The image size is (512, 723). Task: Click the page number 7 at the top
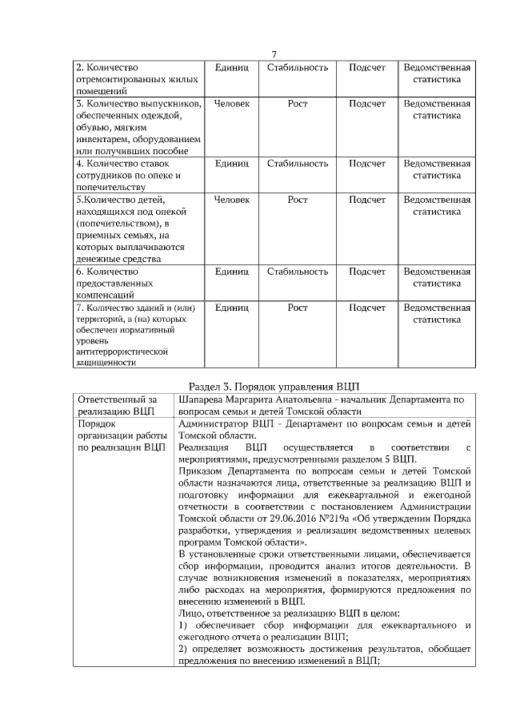pyautogui.click(x=274, y=54)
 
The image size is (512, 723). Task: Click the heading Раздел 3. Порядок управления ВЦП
pyautogui.click(x=274, y=384)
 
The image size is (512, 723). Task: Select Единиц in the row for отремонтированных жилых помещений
pyautogui.click(x=232, y=67)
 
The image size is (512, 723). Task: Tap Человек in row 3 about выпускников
pyautogui.click(x=232, y=104)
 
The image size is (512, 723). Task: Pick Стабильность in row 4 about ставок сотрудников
pyautogui.click(x=298, y=163)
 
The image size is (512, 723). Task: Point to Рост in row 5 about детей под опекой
pyautogui.click(x=298, y=199)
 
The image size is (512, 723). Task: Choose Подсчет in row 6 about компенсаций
pyautogui.click(x=367, y=272)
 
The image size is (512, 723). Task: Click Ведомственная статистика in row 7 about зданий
pyautogui.click(x=436, y=313)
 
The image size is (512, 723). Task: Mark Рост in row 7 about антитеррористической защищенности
pyautogui.click(x=298, y=308)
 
